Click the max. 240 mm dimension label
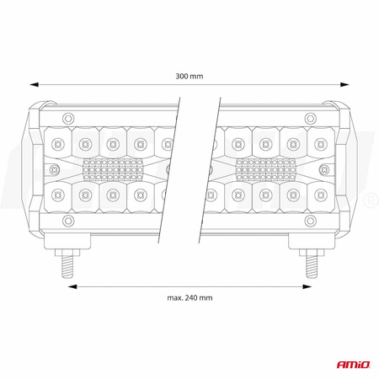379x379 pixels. click(x=189, y=296)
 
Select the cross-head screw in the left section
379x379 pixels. click(x=171, y=168)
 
